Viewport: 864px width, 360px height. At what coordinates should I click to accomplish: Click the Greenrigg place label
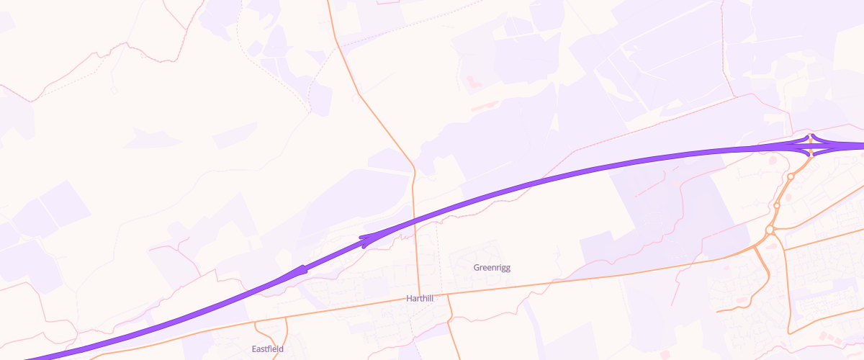coord(492,268)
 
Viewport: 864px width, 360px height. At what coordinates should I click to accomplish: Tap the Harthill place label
coord(420,298)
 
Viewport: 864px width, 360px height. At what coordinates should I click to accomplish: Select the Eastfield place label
coord(268,349)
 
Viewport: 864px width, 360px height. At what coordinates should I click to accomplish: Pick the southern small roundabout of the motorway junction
coord(811,153)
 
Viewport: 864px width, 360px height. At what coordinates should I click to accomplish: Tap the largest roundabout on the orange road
coord(770,230)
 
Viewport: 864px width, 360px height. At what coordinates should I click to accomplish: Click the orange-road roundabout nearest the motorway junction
coord(791,176)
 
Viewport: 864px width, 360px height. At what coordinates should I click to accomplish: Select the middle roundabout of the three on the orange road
coord(777,206)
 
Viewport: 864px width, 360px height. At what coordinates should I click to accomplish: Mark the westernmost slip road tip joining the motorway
coord(298,271)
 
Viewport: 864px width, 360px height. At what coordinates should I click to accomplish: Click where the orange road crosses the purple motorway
coord(415,217)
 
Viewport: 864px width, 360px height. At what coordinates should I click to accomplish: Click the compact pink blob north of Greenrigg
coord(472,83)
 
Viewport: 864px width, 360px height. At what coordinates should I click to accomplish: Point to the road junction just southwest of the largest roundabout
coord(757,246)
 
